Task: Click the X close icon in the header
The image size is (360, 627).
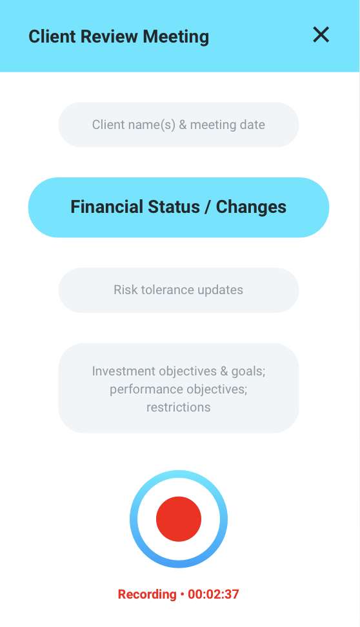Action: pos(321,35)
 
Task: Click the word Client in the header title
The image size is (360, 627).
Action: pos(52,36)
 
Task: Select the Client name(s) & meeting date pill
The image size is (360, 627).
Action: pos(179,124)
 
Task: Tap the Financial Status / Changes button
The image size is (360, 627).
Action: pos(179,208)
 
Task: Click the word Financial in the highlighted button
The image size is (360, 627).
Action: pos(107,207)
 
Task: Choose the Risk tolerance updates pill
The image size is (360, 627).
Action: pos(179,290)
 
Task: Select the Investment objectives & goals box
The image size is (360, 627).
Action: pos(179,388)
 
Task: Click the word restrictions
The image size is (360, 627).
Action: pos(179,407)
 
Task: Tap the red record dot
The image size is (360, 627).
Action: pos(179,519)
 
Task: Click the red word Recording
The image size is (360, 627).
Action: pos(147,595)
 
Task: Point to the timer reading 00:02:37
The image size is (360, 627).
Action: pos(214,594)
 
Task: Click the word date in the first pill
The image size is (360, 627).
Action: pos(252,124)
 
